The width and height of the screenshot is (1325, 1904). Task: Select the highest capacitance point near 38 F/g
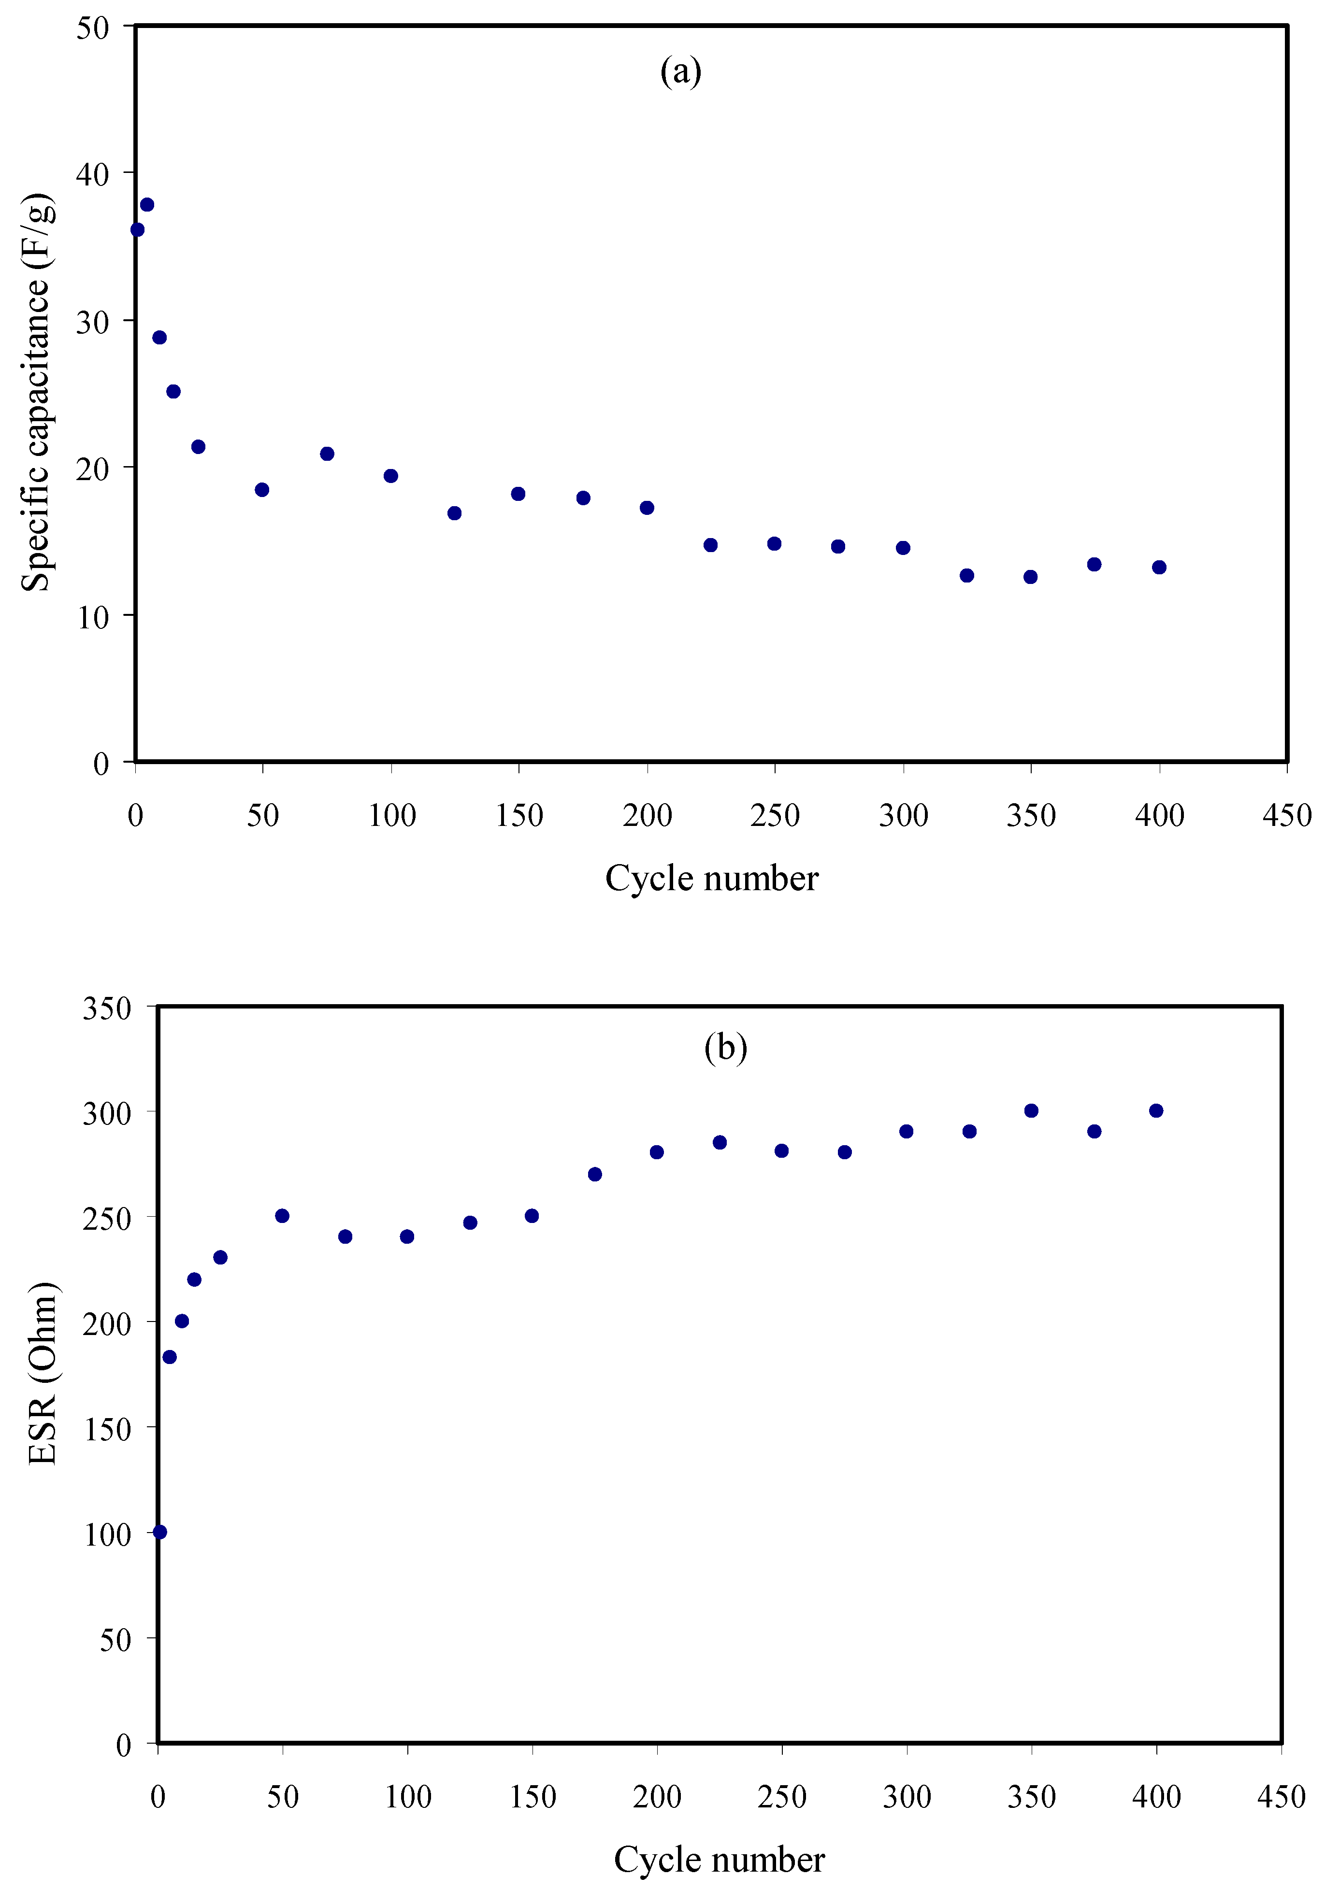pos(147,205)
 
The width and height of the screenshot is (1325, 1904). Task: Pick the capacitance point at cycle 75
pos(327,454)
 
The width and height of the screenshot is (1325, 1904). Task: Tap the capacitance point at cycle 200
pos(647,508)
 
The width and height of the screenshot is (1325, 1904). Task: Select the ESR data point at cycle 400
pos(1156,1110)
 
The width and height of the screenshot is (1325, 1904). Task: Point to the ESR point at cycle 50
pos(282,1216)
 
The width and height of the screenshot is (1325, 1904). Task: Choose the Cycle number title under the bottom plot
pos(719,1859)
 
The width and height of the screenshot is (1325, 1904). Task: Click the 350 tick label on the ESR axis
pos(106,1009)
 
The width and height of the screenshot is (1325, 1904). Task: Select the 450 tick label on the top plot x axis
pos(1286,815)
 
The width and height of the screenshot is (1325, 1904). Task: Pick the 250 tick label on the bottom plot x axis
pos(781,1797)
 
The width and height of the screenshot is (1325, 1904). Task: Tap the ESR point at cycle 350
pos(1031,1110)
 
